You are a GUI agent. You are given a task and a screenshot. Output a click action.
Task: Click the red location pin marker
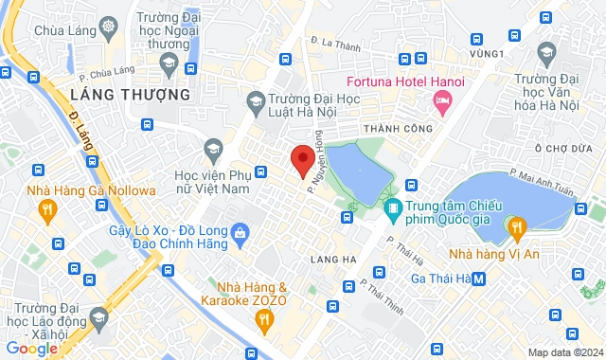click(x=302, y=160)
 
